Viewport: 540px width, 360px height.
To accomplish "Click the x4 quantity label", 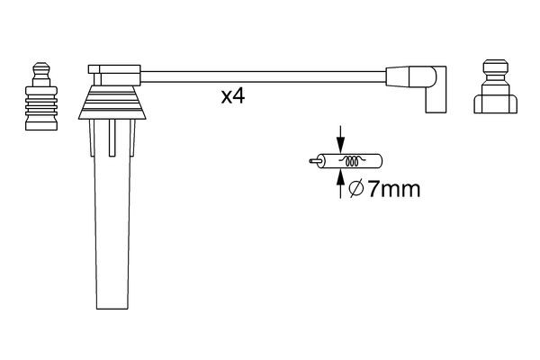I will (x=233, y=96).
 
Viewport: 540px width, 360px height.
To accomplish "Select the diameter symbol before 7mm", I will (x=355, y=190).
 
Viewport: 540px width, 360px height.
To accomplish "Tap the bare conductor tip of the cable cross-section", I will (x=312, y=163).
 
